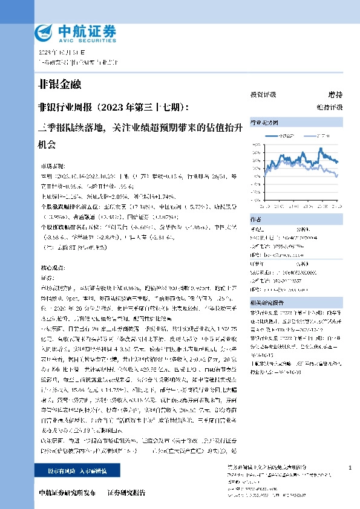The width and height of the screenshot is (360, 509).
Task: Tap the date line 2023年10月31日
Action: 58,53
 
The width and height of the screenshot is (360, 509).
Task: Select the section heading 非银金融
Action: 59,84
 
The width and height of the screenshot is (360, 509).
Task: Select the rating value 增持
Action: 335,95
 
